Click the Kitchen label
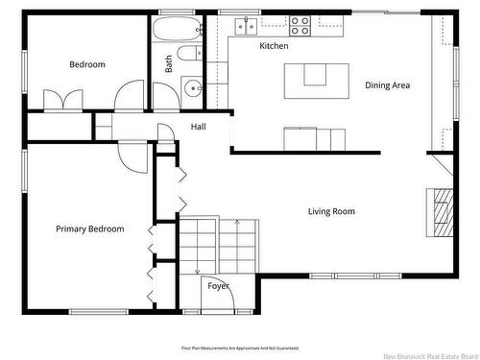click(x=274, y=46)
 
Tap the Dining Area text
click(x=387, y=85)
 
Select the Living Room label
click(x=331, y=211)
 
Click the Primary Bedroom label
click(x=89, y=229)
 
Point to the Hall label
click(x=198, y=127)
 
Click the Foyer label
click(x=218, y=286)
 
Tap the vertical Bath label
click(x=169, y=63)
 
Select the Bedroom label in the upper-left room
click(x=86, y=64)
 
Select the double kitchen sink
click(x=248, y=26)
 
